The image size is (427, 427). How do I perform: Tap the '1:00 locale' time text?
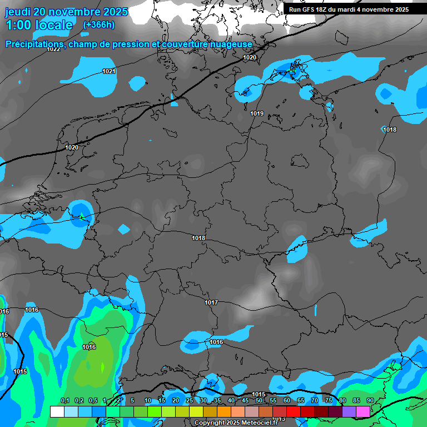(39, 25)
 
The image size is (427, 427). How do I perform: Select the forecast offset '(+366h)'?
(99, 25)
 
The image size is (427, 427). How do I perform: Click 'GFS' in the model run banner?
(309, 9)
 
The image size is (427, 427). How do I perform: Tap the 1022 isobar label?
(53, 49)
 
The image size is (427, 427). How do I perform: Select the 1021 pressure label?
(109, 71)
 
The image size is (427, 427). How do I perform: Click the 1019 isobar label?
(257, 113)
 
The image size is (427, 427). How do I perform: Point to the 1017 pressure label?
(211, 302)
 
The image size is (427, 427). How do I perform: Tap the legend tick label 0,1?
(64, 401)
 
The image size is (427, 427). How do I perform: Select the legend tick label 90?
(370, 401)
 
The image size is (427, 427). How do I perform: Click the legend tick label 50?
(259, 401)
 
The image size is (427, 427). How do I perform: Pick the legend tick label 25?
(190, 401)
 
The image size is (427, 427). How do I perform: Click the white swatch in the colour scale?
(57, 411)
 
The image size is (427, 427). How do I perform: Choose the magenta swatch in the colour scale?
(363, 411)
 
